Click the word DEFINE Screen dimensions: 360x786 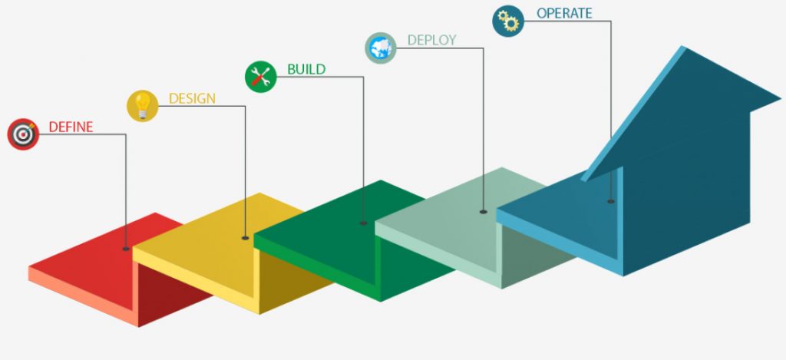(71, 127)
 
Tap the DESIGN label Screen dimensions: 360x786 (192, 98)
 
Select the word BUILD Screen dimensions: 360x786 (306, 70)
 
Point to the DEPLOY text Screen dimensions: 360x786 (431, 40)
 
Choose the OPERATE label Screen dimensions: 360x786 (564, 13)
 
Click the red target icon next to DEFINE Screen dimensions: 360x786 (23, 134)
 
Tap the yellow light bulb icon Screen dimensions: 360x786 (142, 105)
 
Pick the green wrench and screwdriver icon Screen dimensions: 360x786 (260, 76)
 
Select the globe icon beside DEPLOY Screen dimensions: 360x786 (380, 48)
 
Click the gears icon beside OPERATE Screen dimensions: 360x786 (508, 21)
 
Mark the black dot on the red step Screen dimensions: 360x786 (126, 249)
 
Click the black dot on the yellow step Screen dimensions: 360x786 (245, 238)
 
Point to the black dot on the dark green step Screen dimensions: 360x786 (363, 223)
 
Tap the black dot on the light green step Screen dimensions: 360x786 (484, 211)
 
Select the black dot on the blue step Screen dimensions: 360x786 (610, 201)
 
